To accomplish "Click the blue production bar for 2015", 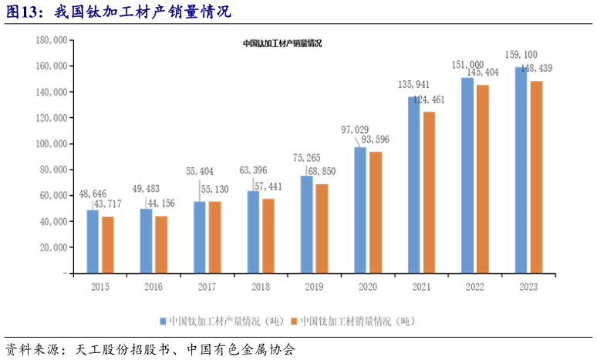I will pos(93,241).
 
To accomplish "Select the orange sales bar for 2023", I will pos(536,177).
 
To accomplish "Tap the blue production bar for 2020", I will pos(360,210).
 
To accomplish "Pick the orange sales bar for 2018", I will pos(268,236).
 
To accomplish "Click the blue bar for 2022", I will pos(467,175).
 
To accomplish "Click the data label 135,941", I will pos(414,84).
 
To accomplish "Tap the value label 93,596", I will pos(378,140).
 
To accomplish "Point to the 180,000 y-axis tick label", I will pos(50,41).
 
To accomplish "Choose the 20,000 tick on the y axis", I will pos(52,247).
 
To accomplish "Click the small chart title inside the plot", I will pos(282,44).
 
